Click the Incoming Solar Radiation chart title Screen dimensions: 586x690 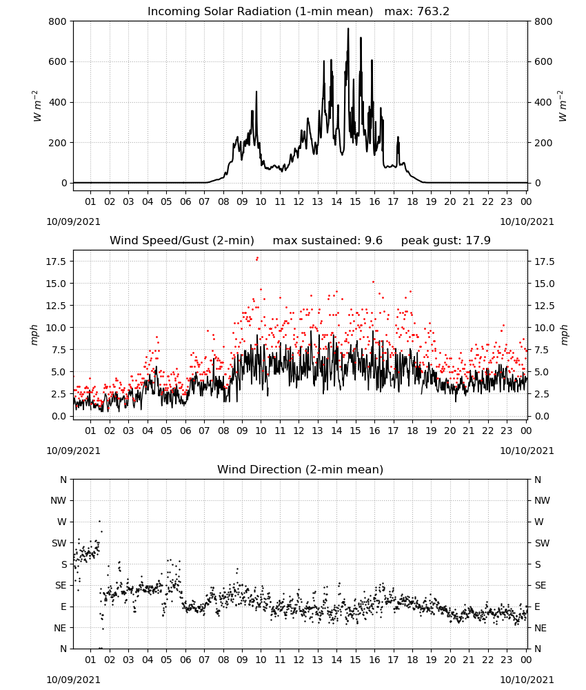[260, 12]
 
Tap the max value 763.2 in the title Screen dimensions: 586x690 [433, 12]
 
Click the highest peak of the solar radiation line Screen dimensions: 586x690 [348, 29]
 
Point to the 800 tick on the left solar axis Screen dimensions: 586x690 [58, 21]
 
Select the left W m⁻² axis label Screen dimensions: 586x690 [37, 106]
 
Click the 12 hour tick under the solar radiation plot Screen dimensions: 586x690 [299, 201]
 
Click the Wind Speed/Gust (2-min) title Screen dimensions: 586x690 [182, 241]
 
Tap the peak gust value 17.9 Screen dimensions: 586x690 [478, 241]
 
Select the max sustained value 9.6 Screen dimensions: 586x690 [374, 241]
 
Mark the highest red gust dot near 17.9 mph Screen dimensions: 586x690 [258, 258]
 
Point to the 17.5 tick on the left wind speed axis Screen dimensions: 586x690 [56, 262]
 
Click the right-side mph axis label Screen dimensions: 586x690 [564, 335]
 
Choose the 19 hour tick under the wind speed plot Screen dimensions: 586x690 [432, 431]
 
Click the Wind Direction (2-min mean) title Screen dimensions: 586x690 [301, 469]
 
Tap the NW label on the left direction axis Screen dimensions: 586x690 [59, 500]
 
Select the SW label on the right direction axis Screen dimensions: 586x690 [542, 543]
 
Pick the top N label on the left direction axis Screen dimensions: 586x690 [63, 480]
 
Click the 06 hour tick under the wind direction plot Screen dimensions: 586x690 [185, 660]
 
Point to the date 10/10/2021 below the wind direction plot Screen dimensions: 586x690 [527, 680]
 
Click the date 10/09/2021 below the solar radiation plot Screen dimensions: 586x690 [73, 221]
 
